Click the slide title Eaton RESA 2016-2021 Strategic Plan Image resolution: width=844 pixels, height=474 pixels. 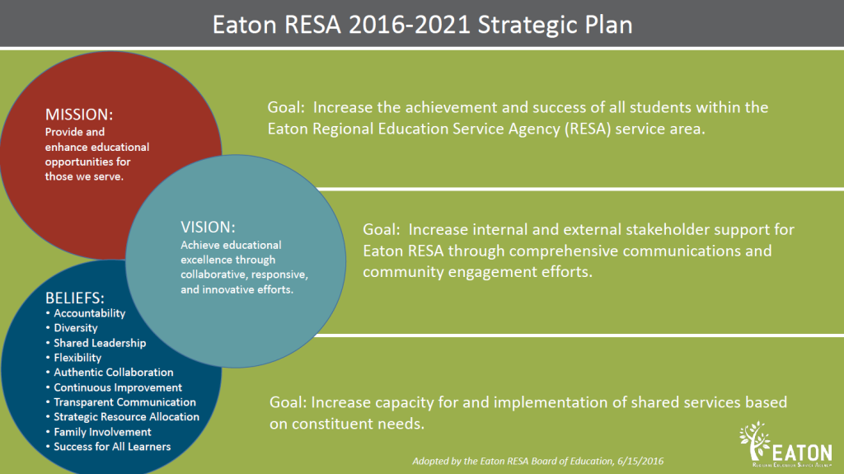[x=423, y=25]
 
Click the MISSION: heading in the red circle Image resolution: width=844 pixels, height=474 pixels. [x=79, y=115]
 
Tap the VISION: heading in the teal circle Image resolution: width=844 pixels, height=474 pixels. [x=208, y=227]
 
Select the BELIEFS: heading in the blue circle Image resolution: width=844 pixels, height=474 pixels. [x=75, y=298]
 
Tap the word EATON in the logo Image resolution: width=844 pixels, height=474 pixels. [x=802, y=453]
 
